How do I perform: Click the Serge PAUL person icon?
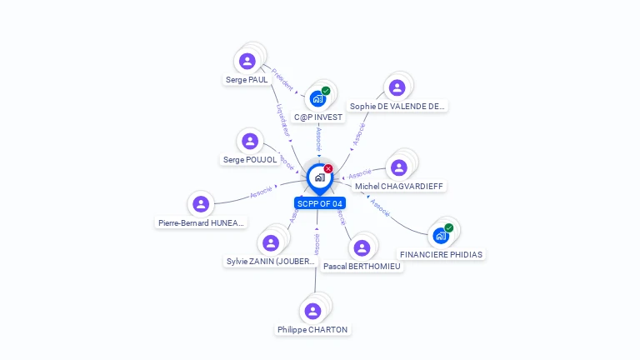(x=247, y=61)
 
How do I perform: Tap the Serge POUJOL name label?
(x=250, y=159)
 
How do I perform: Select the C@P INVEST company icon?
(x=317, y=98)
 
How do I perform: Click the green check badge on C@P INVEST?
(x=326, y=91)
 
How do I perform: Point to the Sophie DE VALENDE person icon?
(x=397, y=87)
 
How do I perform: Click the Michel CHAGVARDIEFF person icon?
(x=399, y=167)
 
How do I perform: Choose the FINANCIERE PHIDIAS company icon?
(x=441, y=236)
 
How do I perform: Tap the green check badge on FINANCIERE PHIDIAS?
(x=449, y=227)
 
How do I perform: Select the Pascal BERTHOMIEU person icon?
(x=362, y=247)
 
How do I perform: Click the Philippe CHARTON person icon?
(x=312, y=311)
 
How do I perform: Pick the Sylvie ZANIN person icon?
(x=271, y=242)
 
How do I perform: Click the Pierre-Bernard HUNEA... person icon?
(x=201, y=204)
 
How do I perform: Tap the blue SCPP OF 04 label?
(x=319, y=203)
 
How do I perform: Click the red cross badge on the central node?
(x=328, y=169)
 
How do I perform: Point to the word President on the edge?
(x=283, y=81)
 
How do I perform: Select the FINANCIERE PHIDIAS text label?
(x=441, y=254)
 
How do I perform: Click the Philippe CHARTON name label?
(x=312, y=330)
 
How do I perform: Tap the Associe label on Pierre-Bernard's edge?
(x=261, y=192)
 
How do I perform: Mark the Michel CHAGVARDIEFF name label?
(x=399, y=186)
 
